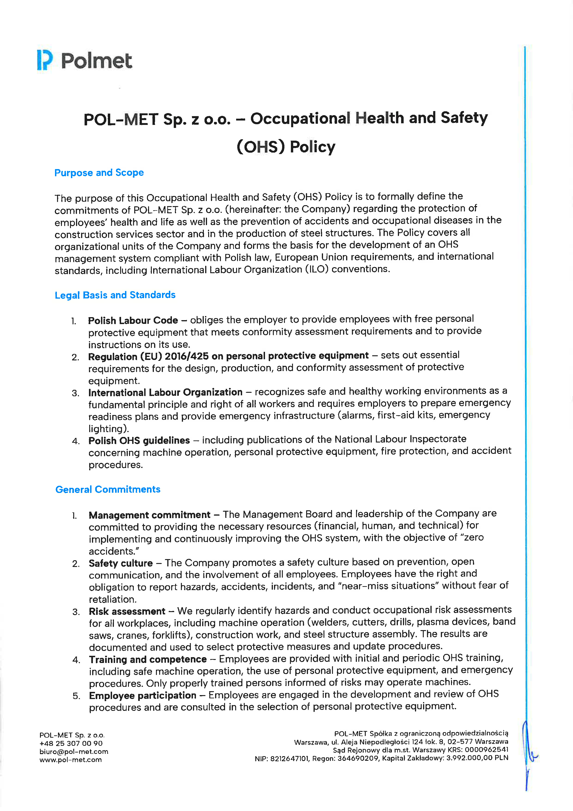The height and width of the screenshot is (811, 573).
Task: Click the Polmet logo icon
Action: (x=45, y=60)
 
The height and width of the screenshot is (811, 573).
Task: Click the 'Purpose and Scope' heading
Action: (x=99, y=173)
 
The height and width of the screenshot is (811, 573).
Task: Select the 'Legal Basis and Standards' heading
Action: (x=115, y=295)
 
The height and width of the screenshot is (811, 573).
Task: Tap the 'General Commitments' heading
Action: (x=108, y=489)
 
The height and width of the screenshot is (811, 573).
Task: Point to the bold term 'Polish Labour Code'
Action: (x=133, y=320)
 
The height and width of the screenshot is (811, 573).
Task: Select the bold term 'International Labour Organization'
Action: (x=165, y=393)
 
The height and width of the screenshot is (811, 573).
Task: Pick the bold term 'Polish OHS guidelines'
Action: (x=139, y=440)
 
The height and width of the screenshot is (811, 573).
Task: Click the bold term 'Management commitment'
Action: (x=149, y=515)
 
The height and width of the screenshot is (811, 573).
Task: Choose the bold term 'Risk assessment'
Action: (x=127, y=611)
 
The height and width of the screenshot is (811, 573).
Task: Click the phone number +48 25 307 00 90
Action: (x=71, y=743)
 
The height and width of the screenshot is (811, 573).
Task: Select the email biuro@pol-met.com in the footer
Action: (x=74, y=752)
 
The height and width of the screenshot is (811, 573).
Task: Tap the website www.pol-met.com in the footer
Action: (x=70, y=760)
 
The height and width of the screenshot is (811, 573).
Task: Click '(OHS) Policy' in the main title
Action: (x=286, y=147)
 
